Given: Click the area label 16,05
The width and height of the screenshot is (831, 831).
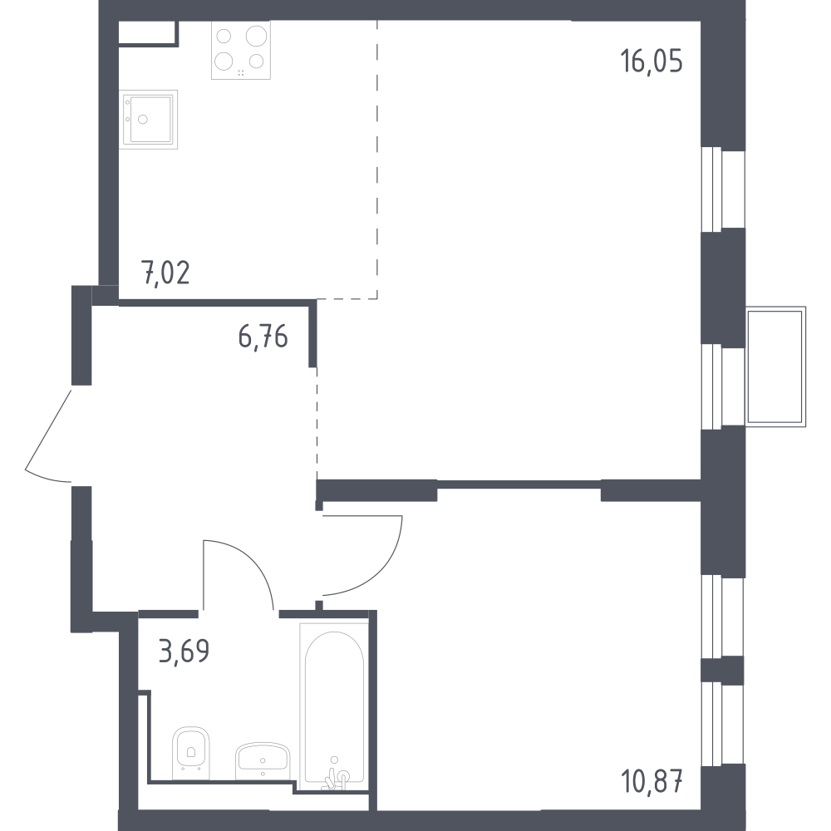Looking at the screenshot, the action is [x=652, y=61].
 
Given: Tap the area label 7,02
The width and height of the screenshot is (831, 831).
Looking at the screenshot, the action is [x=165, y=273].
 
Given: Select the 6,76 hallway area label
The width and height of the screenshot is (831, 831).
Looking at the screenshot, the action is [x=263, y=337].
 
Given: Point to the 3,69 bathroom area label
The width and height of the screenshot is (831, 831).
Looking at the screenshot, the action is [x=184, y=651].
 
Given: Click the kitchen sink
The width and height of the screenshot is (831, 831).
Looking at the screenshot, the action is [x=148, y=119].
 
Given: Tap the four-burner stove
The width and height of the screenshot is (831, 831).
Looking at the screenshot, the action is [x=241, y=50].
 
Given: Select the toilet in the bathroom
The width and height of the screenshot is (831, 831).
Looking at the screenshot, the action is [x=191, y=753].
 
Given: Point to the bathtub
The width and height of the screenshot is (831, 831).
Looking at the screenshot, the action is [x=334, y=702].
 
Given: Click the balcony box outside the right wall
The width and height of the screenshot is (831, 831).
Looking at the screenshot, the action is [x=775, y=366].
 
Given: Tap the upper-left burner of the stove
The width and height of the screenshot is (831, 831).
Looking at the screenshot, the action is [x=224, y=36].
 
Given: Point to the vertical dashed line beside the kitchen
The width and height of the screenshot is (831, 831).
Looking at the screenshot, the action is [x=376, y=159].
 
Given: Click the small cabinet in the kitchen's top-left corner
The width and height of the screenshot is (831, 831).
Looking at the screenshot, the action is [x=148, y=33].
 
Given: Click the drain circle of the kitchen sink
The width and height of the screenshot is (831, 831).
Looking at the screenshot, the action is [x=143, y=120].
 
